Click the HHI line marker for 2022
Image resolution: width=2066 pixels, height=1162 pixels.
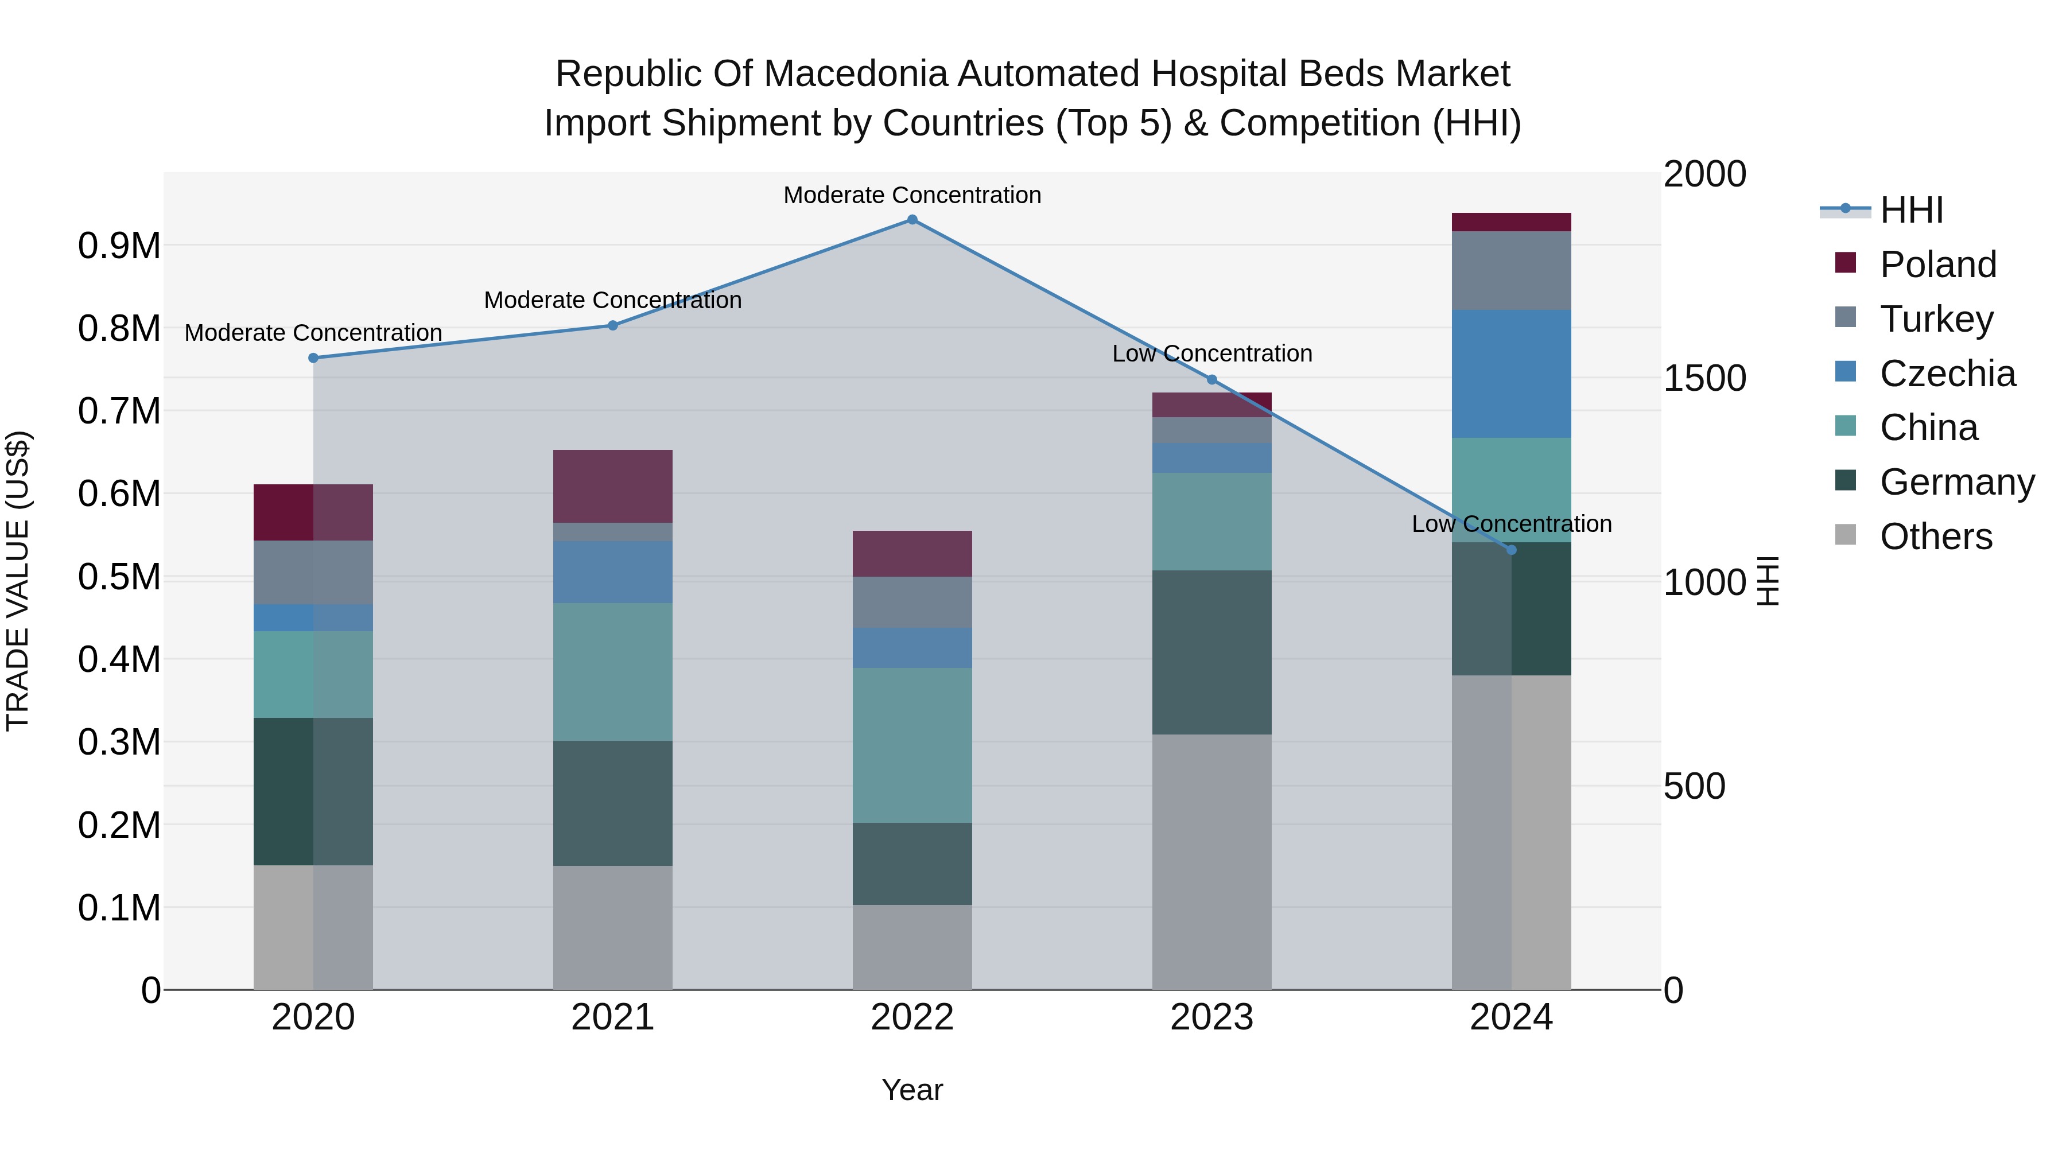tap(912, 220)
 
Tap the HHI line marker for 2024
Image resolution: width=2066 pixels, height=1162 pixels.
tap(1511, 550)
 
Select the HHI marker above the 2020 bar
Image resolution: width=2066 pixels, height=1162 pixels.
tap(313, 359)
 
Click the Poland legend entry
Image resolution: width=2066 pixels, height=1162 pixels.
tap(1937, 265)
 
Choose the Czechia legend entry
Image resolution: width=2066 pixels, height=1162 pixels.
tap(1947, 374)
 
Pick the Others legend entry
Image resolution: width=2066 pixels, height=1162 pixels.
tap(1935, 537)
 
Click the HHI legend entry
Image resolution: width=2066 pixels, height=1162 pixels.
tap(1910, 210)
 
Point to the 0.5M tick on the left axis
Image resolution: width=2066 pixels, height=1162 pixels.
tap(119, 577)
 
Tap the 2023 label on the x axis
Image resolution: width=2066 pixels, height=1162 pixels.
tap(1211, 1017)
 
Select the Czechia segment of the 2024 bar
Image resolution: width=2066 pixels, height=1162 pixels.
tap(1511, 374)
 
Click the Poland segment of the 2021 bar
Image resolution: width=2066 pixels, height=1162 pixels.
tap(613, 486)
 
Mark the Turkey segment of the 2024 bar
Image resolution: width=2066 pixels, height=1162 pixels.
tap(1511, 270)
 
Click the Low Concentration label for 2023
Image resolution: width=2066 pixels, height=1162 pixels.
tap(1211, 353)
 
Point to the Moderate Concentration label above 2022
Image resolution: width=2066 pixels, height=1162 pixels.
tap(912, 196)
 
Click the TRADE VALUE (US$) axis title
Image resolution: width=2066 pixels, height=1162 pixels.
tap(18, 581)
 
